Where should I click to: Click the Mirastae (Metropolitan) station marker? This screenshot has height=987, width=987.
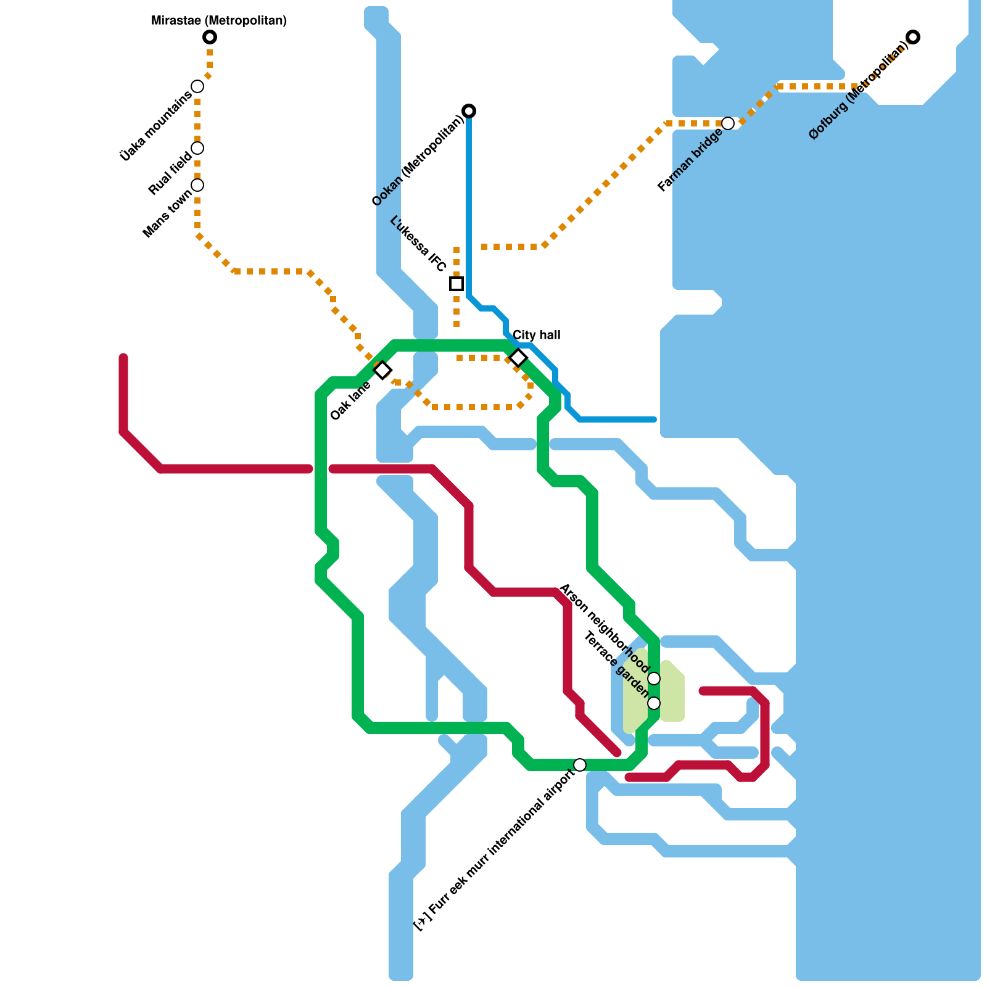210,37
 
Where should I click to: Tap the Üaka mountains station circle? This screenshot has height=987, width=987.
197,86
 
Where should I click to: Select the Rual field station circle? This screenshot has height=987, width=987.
197,148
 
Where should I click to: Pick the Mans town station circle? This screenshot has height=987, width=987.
197,185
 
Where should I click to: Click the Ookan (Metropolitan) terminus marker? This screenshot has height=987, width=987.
469,111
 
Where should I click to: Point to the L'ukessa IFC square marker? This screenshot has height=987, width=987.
456,284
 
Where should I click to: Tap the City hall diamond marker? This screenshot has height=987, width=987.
518,358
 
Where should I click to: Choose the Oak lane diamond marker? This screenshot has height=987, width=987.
382,370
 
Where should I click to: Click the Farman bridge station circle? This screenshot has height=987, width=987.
728,123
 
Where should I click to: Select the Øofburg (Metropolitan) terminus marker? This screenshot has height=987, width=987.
913,37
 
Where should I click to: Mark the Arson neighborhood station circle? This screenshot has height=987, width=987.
654,679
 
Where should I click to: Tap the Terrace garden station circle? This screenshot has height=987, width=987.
654,703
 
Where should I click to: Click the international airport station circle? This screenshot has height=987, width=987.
580,765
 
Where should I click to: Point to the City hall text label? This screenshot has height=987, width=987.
537,335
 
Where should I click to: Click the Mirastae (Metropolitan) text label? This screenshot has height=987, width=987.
219,21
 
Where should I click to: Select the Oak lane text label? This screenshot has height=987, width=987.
350,402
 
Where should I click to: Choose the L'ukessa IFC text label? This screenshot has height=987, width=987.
419,244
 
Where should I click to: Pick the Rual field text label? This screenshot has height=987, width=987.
170,174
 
